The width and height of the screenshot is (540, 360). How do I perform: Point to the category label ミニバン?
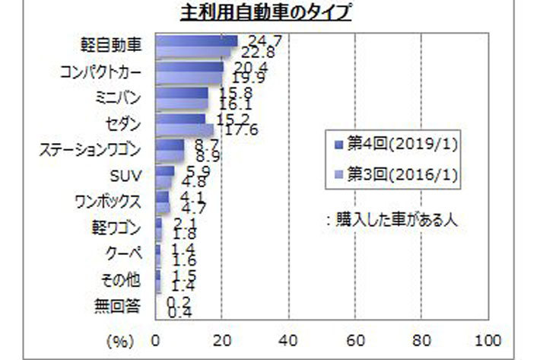(x=121, y=97)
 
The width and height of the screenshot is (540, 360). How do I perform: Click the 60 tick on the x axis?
(x=354, y=339)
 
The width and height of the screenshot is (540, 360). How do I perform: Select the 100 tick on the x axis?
(x=487, y=339)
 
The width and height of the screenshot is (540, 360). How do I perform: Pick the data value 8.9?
(x=207, y=156)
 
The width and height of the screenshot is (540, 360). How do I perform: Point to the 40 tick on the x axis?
(x=288, y=339)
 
